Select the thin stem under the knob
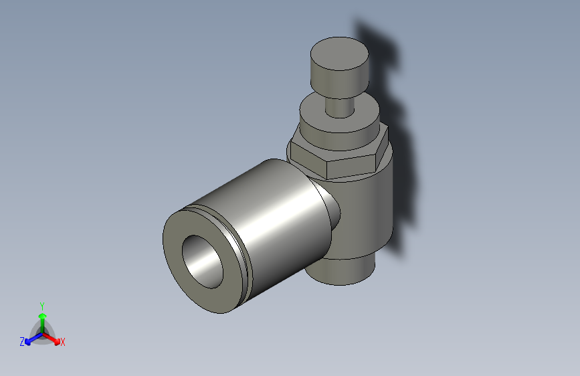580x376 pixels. pyautogui.click(x=339, y=106)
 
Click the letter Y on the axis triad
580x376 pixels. pyautogui.click(x=41, y=305)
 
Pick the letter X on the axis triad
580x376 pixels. pyautogui.click(x=63, y=343)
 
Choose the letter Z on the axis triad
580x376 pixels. pyautogui.click(x=22, y=341)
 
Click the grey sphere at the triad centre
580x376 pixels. pyautogui.click(x=42, y=333)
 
